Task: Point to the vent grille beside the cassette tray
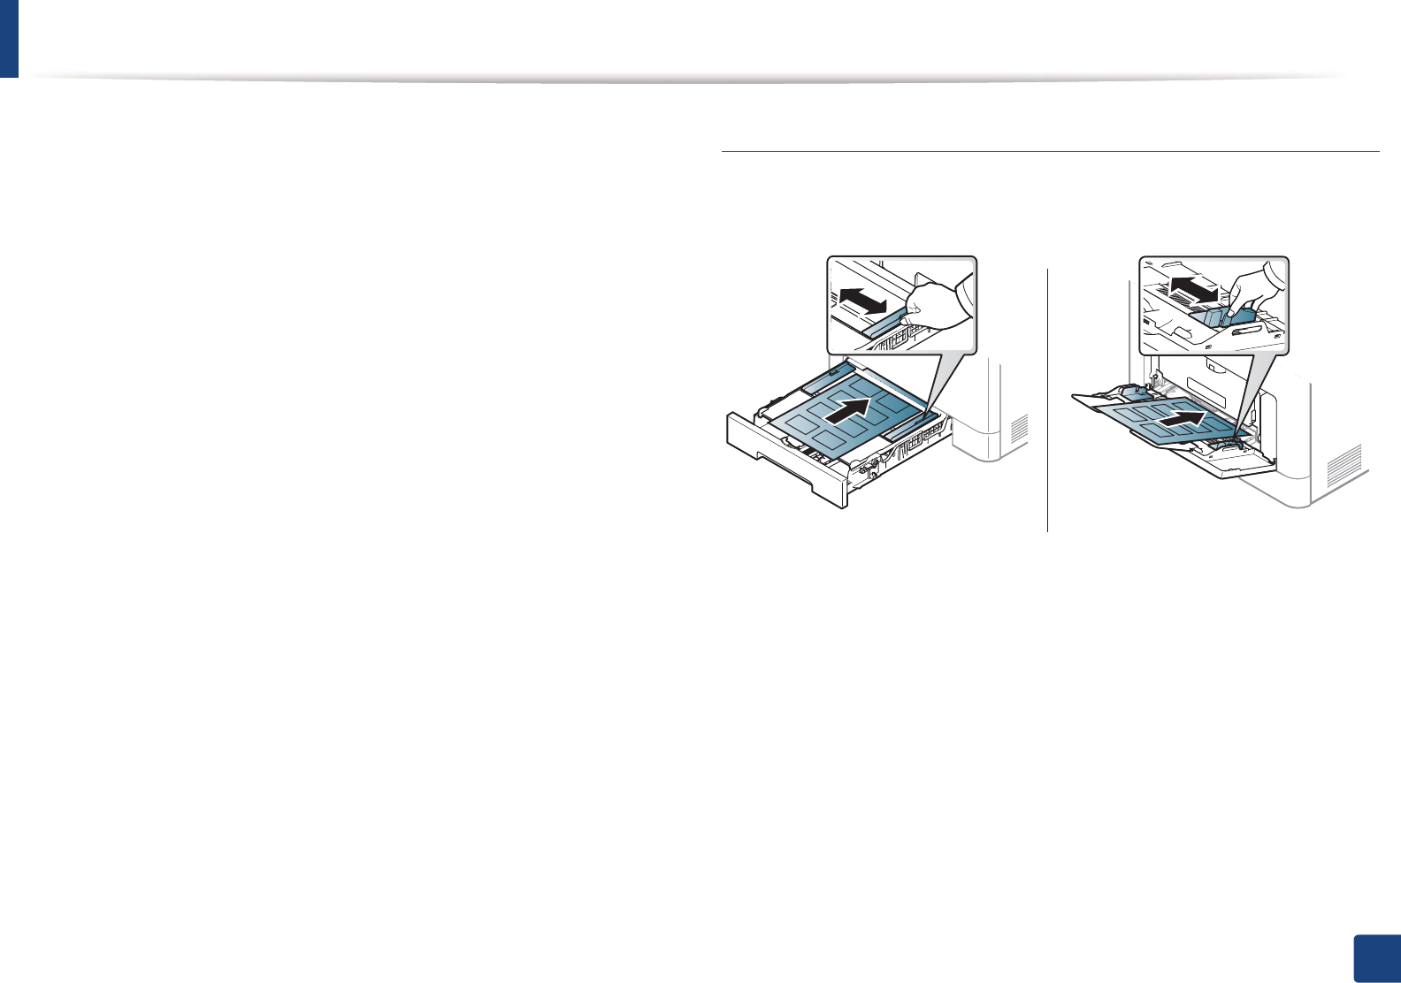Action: pyautogui.click(x=1020, y=428)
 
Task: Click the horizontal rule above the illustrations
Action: pyautogui.click(x=1050, y=151)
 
